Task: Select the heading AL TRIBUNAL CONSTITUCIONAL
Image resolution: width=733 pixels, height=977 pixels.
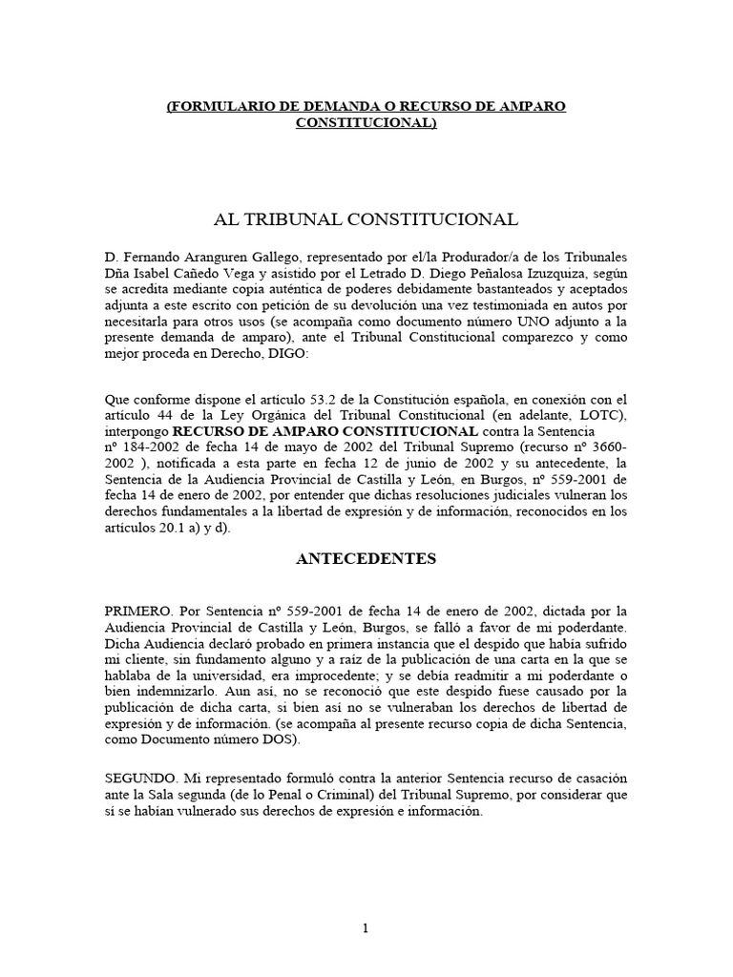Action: pos(366,219)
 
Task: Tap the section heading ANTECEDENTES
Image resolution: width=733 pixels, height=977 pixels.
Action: pos(366,559)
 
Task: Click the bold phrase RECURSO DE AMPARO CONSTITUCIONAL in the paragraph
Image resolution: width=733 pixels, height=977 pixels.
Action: pos(330,432)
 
